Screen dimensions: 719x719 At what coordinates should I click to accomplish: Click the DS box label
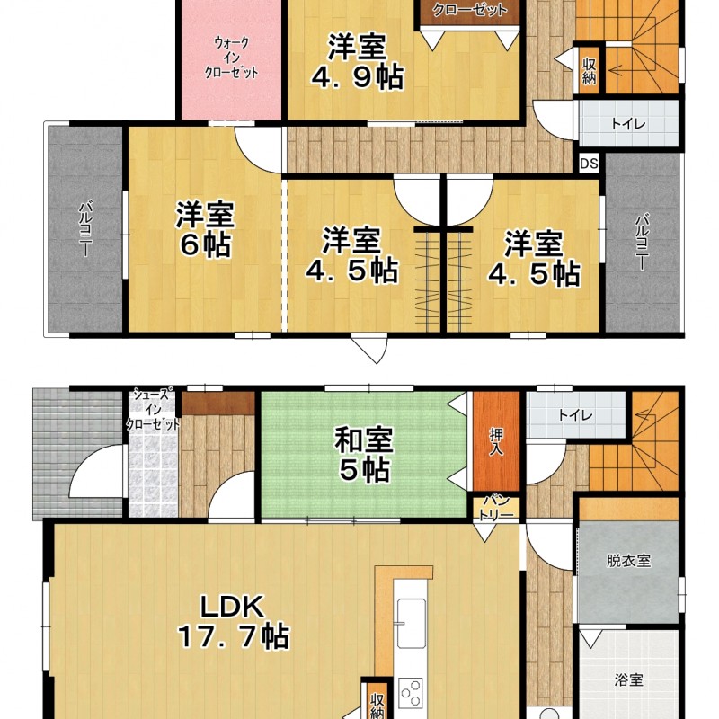[x=589, y=164]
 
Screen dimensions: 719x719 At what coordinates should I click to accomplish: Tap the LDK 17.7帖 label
[x=233, y=621]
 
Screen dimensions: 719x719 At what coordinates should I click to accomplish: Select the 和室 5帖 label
[x=364, y=455]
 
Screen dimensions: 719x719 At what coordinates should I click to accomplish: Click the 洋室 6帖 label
[x=206, y=229]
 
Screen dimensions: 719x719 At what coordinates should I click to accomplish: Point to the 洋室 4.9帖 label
[x=357, y=61]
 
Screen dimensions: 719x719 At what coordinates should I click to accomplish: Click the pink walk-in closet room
[x=231, y=60]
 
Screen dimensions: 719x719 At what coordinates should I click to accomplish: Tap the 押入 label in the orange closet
[x=496, y=441]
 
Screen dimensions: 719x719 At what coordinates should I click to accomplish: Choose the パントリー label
[x=496, y=508]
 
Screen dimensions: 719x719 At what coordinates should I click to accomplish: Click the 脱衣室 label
[x=628, y=560]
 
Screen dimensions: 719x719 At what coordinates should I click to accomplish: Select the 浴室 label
[x=628, y=679]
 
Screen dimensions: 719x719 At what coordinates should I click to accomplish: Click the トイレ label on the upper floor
[x=628, y=123]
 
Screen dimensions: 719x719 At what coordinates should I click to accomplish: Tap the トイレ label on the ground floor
[x=575, y=415]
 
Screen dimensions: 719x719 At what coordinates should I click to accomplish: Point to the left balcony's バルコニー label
[x=85, y=228]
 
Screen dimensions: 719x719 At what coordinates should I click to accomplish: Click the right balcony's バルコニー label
[x=642, y=242]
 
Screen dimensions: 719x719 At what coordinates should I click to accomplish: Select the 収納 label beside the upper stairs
[x=589, y=71]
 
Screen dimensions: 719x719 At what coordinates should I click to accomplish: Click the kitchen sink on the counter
[x=410, y=623]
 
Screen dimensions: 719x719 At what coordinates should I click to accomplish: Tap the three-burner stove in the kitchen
[x=411, y=692]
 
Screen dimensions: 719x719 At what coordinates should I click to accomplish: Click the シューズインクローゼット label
[x=153, y=408]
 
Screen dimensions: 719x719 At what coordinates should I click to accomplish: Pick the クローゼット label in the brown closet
[x=469, y=10]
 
